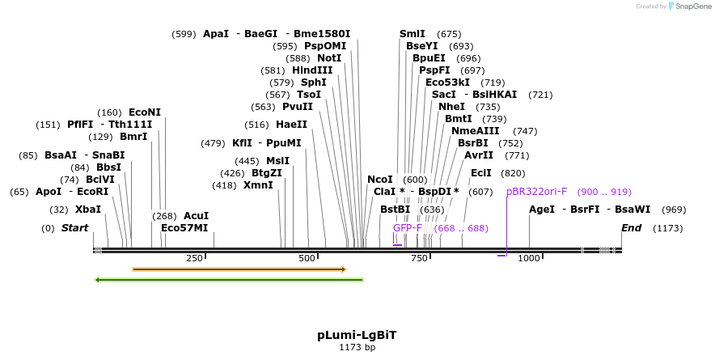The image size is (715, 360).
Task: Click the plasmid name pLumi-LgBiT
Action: tap(357, 334)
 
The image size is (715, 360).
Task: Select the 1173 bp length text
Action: tap(357, 348)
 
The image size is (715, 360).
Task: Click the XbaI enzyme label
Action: tap(88, 210)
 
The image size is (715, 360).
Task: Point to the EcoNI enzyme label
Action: tap(145, 112)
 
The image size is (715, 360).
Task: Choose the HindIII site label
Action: tap(312, 70)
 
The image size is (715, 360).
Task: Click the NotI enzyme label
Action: tap(329, 58)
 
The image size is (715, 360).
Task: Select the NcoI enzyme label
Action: tap(379, 180)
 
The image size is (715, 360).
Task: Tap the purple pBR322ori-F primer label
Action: tap(537, 192)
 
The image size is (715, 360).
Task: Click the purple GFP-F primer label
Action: tap(408, 228)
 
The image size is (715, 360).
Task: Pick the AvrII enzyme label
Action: tap(479, 155)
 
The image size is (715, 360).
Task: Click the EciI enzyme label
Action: tap(480, 173)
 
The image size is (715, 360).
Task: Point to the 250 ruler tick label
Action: tap(194, 258)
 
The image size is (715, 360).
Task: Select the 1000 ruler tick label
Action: tap(529, 258)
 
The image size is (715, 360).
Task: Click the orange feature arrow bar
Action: tap(239, 269)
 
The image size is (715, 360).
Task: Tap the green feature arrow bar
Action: tap(229, 280)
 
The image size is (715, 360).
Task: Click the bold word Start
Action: tap(75, 228)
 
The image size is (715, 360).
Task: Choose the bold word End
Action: tap(631, 228)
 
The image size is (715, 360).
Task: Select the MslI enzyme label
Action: tap(277, 161)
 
